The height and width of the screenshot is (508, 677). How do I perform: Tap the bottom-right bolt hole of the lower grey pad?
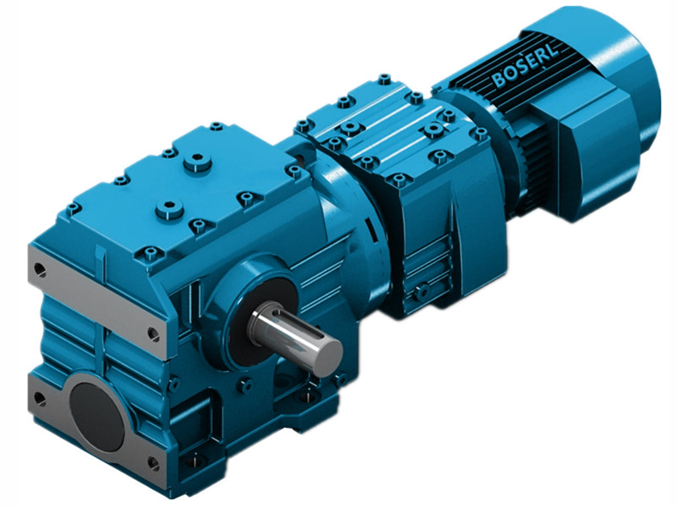[153, 462]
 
